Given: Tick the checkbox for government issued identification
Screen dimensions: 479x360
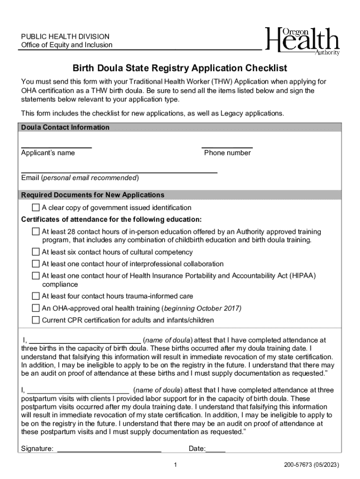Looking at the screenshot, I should point(36,208).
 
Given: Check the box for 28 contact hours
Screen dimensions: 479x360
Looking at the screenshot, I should point(36,232).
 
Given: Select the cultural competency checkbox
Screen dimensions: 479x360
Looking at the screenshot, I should point(36,252).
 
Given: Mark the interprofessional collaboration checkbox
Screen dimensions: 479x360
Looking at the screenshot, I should point(36,264).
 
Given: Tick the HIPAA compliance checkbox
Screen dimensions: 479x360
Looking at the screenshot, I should point(36,276).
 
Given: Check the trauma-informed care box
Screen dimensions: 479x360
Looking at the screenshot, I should point(36,296).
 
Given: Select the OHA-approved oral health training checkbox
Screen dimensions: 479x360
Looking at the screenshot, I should point(36,308).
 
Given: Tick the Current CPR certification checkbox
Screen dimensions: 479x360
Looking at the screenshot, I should point(36,320).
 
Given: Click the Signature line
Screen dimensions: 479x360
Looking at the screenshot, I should point(109,449).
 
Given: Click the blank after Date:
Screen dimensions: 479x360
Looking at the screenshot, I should point(216,449).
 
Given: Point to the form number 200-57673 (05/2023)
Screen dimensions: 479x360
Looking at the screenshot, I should point(311,465).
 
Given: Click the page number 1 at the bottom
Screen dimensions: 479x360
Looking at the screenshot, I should point(175,465).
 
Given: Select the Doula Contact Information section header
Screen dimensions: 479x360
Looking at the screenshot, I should point(65,127).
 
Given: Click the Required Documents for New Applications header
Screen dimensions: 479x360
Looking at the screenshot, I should point(93,195).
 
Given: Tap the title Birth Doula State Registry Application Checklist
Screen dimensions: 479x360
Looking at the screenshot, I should point(180,68).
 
